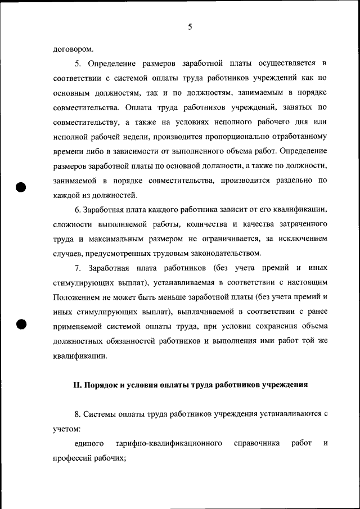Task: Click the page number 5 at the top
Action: point(190,26)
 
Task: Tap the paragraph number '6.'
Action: point(78,210)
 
